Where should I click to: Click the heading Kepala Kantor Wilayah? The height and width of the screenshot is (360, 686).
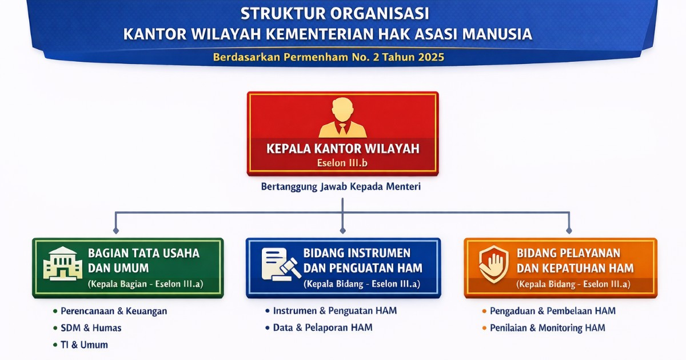343,149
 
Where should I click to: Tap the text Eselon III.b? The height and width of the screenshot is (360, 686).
342,163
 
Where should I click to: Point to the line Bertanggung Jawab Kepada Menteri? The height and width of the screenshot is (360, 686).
341,187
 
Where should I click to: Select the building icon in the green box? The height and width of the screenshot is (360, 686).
62,263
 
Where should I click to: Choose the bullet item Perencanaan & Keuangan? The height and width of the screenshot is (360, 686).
114,311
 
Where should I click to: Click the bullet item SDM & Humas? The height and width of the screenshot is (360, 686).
91,328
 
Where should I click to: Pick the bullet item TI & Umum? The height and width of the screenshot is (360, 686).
84,345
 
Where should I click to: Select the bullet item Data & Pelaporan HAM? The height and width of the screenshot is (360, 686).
322,327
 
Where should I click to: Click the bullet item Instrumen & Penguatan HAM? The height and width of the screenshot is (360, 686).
334,311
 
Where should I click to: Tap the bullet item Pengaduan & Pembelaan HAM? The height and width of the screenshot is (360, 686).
552,311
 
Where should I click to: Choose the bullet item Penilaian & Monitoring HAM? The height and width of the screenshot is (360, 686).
547,327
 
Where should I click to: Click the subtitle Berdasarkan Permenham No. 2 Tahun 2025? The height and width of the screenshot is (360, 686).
329,57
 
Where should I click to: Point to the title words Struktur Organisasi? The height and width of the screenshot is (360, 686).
334,13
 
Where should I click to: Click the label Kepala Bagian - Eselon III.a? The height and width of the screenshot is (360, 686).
145,284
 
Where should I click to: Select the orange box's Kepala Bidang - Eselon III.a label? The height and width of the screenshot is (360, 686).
573,284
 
